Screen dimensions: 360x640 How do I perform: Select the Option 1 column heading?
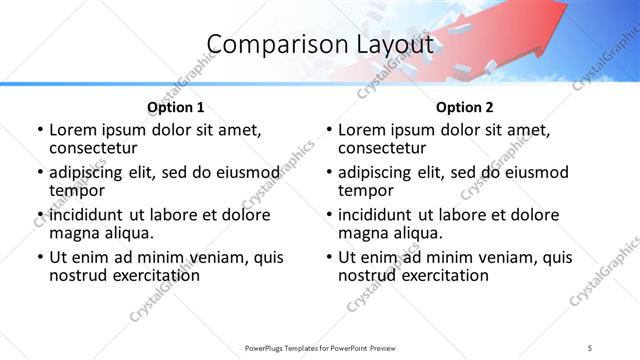click(175, 107)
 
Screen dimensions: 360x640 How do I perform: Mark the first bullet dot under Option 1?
click(40, 130)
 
